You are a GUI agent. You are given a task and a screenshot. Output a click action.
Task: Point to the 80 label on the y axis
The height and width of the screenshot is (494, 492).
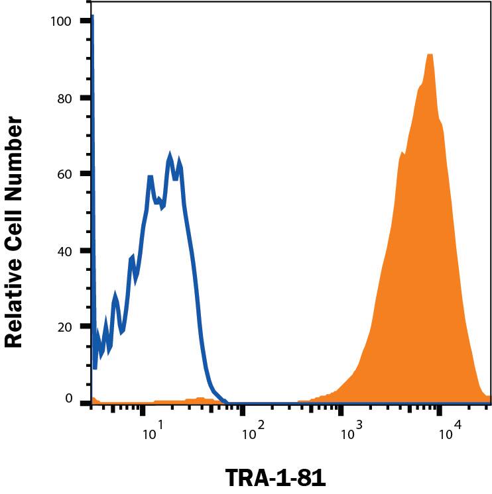(64, 97)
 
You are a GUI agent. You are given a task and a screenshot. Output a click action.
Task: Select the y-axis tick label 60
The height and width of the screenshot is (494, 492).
(64, 173)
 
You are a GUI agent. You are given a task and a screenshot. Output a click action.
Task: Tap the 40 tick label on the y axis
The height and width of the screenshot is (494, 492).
(64, 250)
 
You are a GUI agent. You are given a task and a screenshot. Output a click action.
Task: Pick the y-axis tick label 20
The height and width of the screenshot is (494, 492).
(64, 326)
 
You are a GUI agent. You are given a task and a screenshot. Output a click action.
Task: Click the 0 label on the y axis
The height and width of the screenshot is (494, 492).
(68, 398)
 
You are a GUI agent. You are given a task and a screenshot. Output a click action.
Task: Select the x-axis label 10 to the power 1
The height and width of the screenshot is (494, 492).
(152, 434)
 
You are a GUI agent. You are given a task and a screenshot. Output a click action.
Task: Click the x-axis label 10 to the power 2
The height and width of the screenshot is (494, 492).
(251, 434)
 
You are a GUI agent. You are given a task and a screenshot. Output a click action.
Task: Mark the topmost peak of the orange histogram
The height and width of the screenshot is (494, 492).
(430, 55)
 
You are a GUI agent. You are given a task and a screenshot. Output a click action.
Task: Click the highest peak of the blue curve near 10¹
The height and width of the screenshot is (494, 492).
(170, 154)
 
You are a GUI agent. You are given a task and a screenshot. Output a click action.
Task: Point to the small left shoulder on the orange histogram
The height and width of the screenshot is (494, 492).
(401, 154)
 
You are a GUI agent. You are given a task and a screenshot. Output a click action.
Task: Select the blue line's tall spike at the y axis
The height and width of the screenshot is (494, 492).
(92, 20)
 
